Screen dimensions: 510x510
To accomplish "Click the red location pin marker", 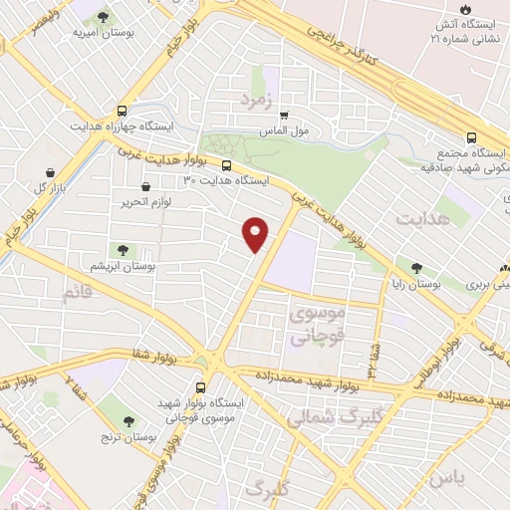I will click(256, 234).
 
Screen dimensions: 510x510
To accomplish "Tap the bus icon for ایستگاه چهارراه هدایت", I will click(122, 111).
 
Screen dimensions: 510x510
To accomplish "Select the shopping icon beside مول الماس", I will click(284, 115).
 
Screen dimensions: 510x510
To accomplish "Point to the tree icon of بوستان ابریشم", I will click(123, 251).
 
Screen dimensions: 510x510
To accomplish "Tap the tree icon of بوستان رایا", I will click(416, 266).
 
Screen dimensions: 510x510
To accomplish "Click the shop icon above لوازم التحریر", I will click(146, 186).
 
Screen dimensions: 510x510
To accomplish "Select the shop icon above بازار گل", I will click(50, 171).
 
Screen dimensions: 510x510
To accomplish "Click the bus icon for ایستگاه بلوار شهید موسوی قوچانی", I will click(201, 386).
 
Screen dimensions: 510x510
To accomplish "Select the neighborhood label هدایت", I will click(417, 216).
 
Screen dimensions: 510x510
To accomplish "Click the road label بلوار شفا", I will click(154, 354).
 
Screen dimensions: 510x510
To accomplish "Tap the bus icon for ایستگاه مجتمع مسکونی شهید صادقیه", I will click(472, 138).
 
